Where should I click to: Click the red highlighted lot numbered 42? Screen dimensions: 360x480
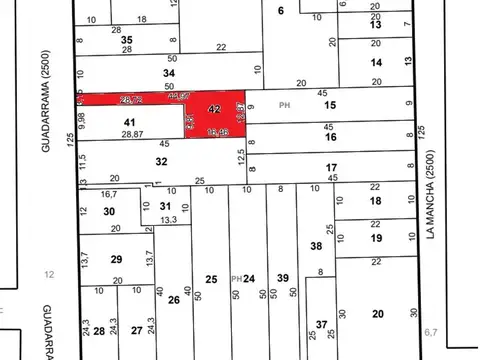(213, 109)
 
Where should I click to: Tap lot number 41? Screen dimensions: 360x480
(129, 121)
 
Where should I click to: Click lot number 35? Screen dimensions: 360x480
(127, 39)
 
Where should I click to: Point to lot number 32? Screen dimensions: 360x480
(160, 160)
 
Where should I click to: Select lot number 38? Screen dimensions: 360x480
(316, 245)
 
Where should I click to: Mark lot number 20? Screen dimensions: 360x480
(377, 314)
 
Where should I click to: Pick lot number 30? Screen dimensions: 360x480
(109, 212)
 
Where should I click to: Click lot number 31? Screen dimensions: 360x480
(165, 206)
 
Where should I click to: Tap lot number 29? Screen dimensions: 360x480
(116, 260)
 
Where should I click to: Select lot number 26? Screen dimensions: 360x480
(174, 299)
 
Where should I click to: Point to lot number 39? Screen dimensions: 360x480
(283, 278)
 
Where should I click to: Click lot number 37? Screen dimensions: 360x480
(320, 324)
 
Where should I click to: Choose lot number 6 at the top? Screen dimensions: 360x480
(281, 10)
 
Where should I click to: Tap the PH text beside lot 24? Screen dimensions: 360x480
(235, 278)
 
